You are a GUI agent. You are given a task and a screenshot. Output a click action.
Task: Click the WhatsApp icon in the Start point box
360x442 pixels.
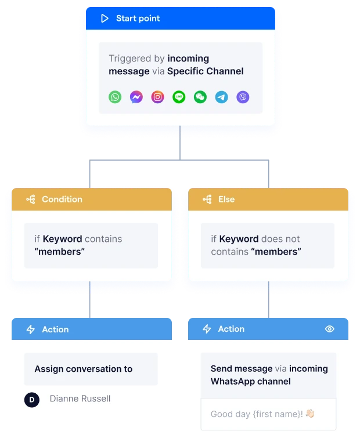[x=115, y=97]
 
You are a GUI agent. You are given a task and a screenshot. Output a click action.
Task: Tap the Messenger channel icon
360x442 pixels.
[x=136, y=97]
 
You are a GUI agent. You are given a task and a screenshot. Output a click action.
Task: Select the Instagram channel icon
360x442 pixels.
[x=157, y=97]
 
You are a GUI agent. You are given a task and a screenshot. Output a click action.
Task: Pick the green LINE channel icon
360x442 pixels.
[x=179, y=97]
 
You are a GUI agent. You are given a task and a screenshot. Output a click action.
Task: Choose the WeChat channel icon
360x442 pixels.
[x=200, y=97]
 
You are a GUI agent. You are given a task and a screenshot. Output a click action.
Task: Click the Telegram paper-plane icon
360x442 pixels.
[x=221, y=97]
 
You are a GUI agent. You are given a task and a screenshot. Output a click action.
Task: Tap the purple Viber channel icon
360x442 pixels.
[x=243, y=97]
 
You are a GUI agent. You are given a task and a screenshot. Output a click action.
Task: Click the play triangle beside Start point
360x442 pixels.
[x=105, y=19]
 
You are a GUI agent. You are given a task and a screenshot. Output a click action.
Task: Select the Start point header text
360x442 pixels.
[x=138, y=19]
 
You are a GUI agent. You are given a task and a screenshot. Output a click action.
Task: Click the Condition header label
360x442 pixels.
[x=62, y=200]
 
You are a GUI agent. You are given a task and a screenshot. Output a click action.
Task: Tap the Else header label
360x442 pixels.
[x=226, y=200]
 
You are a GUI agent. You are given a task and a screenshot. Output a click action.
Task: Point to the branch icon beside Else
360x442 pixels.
[x=207, y=200]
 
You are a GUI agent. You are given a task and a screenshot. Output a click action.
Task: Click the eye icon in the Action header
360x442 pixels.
[x=330, y=329]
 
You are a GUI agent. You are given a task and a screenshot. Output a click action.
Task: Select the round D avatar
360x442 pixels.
[x=32, y=399]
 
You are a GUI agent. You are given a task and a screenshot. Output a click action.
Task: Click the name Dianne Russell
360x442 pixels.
[x=80, y=398]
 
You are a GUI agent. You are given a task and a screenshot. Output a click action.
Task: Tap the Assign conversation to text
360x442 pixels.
[x=83, y=369]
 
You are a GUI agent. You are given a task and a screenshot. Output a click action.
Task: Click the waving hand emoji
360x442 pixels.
[x=310, y=414]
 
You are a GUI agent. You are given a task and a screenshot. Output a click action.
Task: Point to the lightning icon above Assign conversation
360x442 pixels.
[x=31, y=329]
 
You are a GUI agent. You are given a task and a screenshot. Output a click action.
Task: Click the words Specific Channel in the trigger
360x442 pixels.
[x=206, y=71]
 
